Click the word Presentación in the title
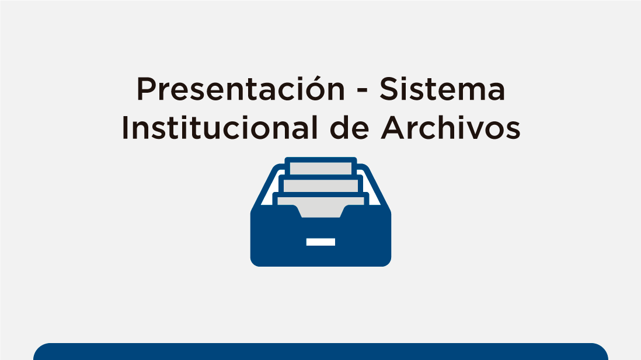pyautogui.click(x=241, y=88)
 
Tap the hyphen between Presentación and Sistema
pyautogui.click(x=362, y=91)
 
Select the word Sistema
pyautogui.click(x=443, y=89)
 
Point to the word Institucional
pyautogui.click(x=220, y=128)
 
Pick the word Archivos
pyautogui.click(x=451, y=128)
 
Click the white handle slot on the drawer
pyautogui.click(x=320, y=242)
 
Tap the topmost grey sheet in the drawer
pyautogui.click(x=320, y=169)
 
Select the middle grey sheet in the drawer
pyautogui.click(x=320, y=186)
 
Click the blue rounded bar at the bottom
pyautogui.click(x=320, y=352)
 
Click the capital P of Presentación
pyautogui.click(x=147, y=89)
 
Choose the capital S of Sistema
pyautogui.click(x=389, y=89)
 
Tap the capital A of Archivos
pyautogui.click(x=392, y=128)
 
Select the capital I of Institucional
pyautogui.click(x=125, y=128)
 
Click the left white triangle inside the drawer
pyautogui.click(x=267, y=192)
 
